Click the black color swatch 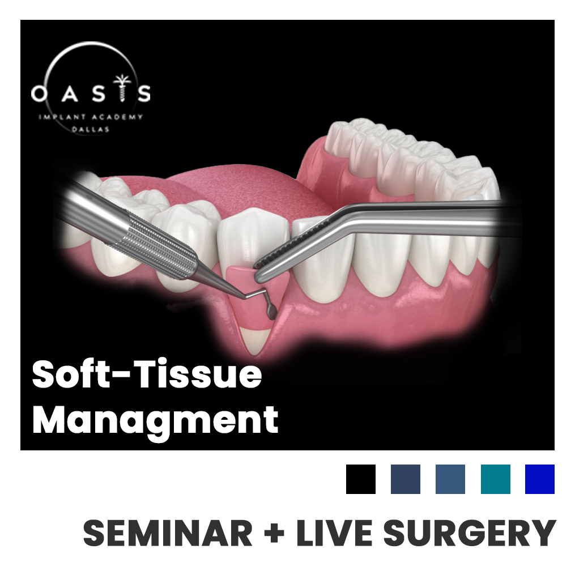(360, 479)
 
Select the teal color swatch (496, 479)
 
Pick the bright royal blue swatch (539, 479)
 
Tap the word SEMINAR (168, 533)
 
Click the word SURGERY (470, 533)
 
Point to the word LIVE (334, 533)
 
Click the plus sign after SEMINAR (274, 533)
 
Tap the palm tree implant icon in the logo (122, 87)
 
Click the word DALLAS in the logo (90, 129)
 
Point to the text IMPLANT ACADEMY (91, 117)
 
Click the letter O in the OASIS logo (39, 93)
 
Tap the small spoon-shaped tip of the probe (272, 311)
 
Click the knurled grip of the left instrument (158, 244)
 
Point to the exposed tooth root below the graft (255, 341)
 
